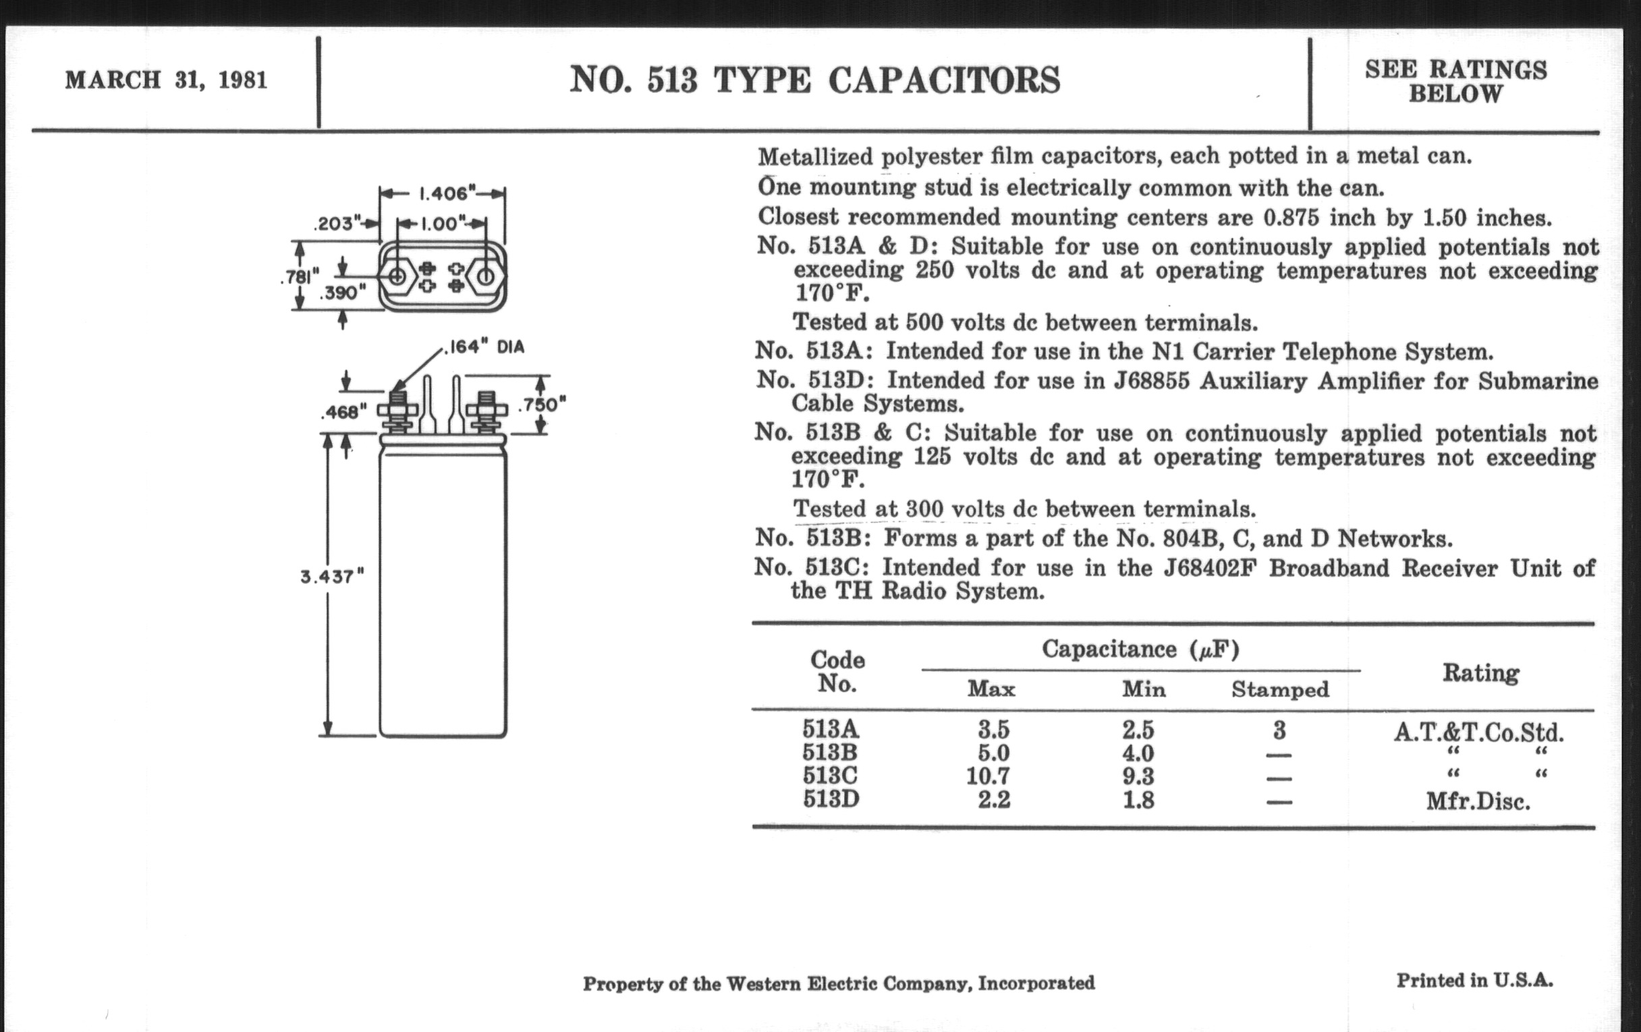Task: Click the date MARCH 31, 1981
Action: pyautogui.click(x=165, y=80)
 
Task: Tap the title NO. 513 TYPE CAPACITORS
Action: pyautogui.click(x=814, y=80)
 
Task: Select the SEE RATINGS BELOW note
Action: pyautogui.click(x=1455, y=81)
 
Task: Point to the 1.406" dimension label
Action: pyautogui.click(x=443, y=194)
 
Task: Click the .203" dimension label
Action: pyautogui.click(x=337, y=223)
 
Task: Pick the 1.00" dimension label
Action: pyautogui.click(x=441, y=223)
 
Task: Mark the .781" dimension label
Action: pyautogui.click(x=300, y=277)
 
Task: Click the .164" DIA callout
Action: pyautogui.click(x=484, y=347)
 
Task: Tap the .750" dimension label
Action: pyautogui.click(x=543, y=405)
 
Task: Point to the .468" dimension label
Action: pyautogui.click(x=343, y=412)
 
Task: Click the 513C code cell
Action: pyautogui.click(x=830, y=775)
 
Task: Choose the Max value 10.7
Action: pyautogui.click(x=988, y=775)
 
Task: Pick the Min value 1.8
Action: pyautogui.click(x=1139, y=799)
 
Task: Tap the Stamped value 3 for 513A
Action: pyautogui.click(x=1279, y=730)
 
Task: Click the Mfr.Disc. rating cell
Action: pyautogui.click(x=1478, y=801)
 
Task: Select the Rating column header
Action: pyautogui.click(x=1480, y=673)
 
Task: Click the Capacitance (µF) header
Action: pyautogui.click(x=1140, y=649)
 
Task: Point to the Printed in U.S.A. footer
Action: pyautogui.click(x=1475, y=980)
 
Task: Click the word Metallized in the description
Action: pyautogui.click(x=815, y=156)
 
